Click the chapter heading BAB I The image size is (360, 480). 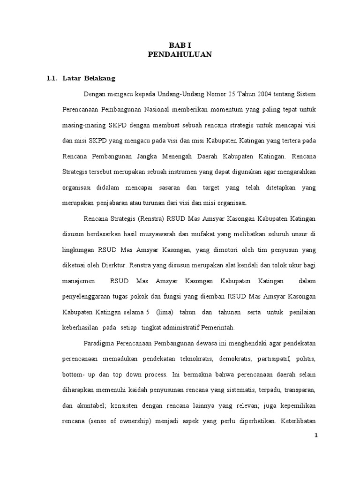pyautogui.click(x=180, y=45)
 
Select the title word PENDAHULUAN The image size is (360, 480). pyautogui.click(x=180, y=55)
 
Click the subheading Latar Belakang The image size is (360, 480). pyautogui.click(x=89, y=78)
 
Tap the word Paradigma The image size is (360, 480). pyautogui.click(x=101, y=344)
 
